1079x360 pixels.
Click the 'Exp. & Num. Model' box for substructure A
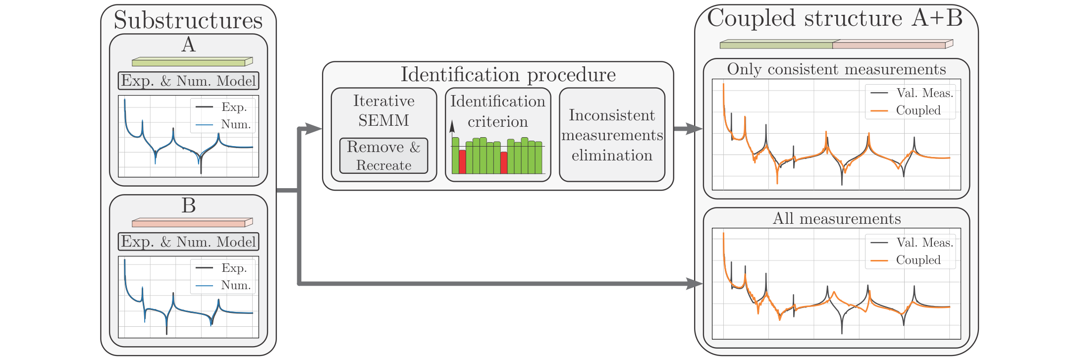coord(188,81)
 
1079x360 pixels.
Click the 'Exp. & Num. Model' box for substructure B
coord(188,242)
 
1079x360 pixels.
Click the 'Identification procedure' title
coord(508,75)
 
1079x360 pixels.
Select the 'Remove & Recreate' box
coord(383,156)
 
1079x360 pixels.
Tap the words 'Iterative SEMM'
coord(383,110)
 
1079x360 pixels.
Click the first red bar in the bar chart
coord(462,161)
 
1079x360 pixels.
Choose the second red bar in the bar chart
coord(504,162)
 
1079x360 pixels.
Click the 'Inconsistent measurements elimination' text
coord(612,135)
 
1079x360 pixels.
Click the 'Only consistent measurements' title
coord(836,69)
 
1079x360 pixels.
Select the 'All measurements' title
coord(836,219)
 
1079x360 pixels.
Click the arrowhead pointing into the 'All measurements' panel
coord(695,284)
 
